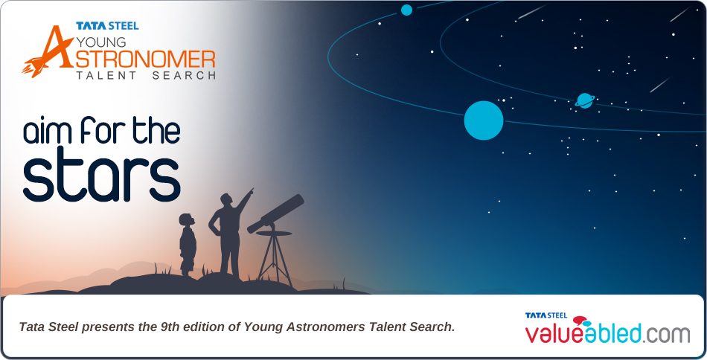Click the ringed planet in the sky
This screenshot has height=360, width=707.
pyautogui.click(x=585, y=100)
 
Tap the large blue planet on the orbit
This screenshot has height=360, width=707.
pyautogui.click(x=483, y=120)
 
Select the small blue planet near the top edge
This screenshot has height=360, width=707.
pyautogui.click(x=406, y=10)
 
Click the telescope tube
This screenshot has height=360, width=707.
pyautogui.click(x=275, y=213)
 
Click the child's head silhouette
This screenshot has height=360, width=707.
pyautogui.click(x=186, y=220)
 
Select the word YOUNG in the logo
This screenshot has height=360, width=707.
pyautogui.click(x=101, y=42)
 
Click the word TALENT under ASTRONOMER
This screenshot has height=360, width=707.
pyautogui.click(x=106, y=75)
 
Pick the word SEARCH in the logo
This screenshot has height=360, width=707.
pyautogui.click(x=184, y=75)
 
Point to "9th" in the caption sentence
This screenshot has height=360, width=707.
pyautogui.click(x=170, y=327)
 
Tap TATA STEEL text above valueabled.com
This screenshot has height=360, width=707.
pyautogui.click(x=546, y=315)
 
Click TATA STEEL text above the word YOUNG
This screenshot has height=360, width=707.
pyautogui.click(x=107, y=26)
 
